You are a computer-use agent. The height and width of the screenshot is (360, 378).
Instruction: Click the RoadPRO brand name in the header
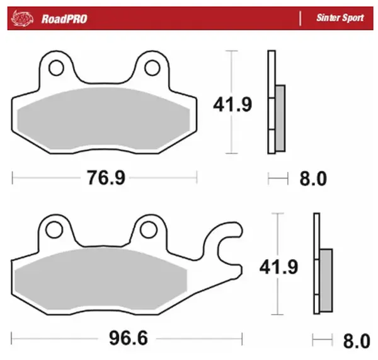(64, 18)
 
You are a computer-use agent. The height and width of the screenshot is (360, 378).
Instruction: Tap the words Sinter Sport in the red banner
(340, 18)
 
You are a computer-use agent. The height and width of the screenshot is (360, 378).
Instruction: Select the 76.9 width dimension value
(105, 178)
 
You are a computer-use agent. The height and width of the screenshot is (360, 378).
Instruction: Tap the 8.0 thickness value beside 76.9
(312, 179)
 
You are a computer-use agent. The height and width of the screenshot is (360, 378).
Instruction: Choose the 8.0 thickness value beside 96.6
(356, 341)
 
